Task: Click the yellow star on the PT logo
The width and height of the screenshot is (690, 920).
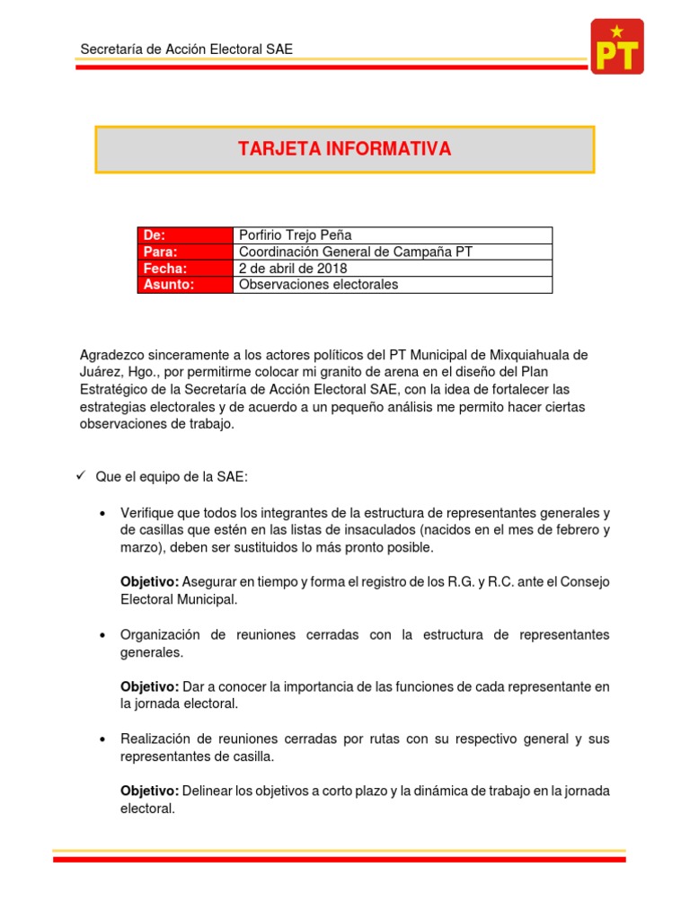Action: tap(616, 31)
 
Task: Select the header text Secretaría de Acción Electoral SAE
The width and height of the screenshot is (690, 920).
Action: tap(186, 49)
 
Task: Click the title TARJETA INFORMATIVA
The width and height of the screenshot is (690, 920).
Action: tap(344, 149)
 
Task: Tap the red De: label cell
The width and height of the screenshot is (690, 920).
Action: tap(184, 235)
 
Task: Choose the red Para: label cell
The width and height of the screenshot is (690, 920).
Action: tap(184, 252)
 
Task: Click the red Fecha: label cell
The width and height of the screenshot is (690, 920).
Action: tap(184, 269)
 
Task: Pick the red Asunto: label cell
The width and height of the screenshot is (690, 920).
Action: tap(184, 285)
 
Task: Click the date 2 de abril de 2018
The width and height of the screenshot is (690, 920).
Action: tap(293, 269)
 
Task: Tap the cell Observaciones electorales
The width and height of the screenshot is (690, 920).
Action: tap(318, 285)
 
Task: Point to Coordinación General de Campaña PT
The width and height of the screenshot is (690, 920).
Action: tap(355, 252)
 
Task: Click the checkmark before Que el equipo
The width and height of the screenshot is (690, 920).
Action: tap(80, 476)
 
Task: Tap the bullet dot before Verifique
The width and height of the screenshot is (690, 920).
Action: tap(102, 513)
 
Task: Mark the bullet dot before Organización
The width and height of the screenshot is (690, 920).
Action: tap(102, 635)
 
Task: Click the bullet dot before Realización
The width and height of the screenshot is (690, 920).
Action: tap(102, 739)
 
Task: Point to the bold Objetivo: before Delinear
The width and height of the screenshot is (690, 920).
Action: tap(149, 791)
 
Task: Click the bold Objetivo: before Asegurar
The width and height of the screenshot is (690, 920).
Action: tap(149, 582)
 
